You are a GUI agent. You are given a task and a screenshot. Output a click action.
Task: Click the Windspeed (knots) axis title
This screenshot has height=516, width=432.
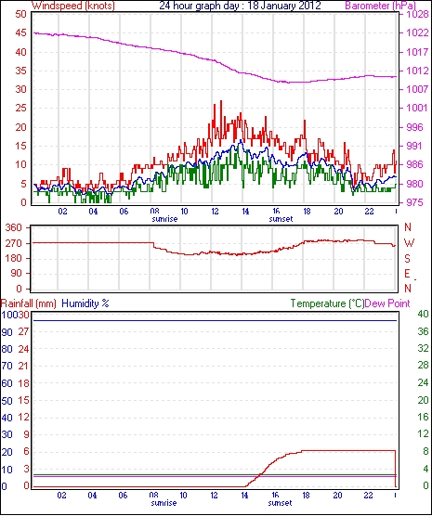pos(73,6)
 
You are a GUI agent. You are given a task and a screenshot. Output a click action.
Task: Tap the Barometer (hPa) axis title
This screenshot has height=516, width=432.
pos(381,6)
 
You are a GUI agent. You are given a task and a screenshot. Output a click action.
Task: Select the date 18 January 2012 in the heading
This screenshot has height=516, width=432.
pos(284,6)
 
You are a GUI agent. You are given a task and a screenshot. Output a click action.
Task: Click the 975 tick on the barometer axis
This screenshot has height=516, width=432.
pos(415,202)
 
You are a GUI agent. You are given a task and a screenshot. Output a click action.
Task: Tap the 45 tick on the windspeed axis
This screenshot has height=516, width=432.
pos(20,32)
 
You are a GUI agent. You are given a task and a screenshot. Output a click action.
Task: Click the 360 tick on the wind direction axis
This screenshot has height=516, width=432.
pos(15,227)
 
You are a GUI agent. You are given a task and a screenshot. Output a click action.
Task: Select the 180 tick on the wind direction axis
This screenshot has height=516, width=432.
pos(15,258)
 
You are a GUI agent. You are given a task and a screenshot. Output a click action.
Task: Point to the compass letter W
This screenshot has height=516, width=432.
pos(409,243)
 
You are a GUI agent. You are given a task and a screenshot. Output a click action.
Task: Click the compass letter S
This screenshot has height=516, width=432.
pos(407,259)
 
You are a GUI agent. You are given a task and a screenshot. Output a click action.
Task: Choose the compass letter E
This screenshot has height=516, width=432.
pos(407,274)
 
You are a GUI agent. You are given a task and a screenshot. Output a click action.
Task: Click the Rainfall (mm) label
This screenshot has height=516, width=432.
pos(29,303)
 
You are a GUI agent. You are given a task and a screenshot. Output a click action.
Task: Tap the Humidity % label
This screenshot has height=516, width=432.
pos(85,303)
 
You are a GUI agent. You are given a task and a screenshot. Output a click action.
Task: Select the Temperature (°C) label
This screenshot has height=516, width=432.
pos(327,303)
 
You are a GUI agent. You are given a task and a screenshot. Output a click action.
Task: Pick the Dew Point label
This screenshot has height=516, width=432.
pos(387,303)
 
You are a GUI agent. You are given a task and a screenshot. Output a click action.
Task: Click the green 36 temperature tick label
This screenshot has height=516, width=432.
pos(423,331)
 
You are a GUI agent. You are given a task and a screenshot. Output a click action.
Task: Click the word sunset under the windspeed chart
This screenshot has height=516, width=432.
pos(281,219)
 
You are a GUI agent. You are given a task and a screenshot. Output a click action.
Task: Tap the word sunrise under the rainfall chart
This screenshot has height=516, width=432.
pos(164,503)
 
